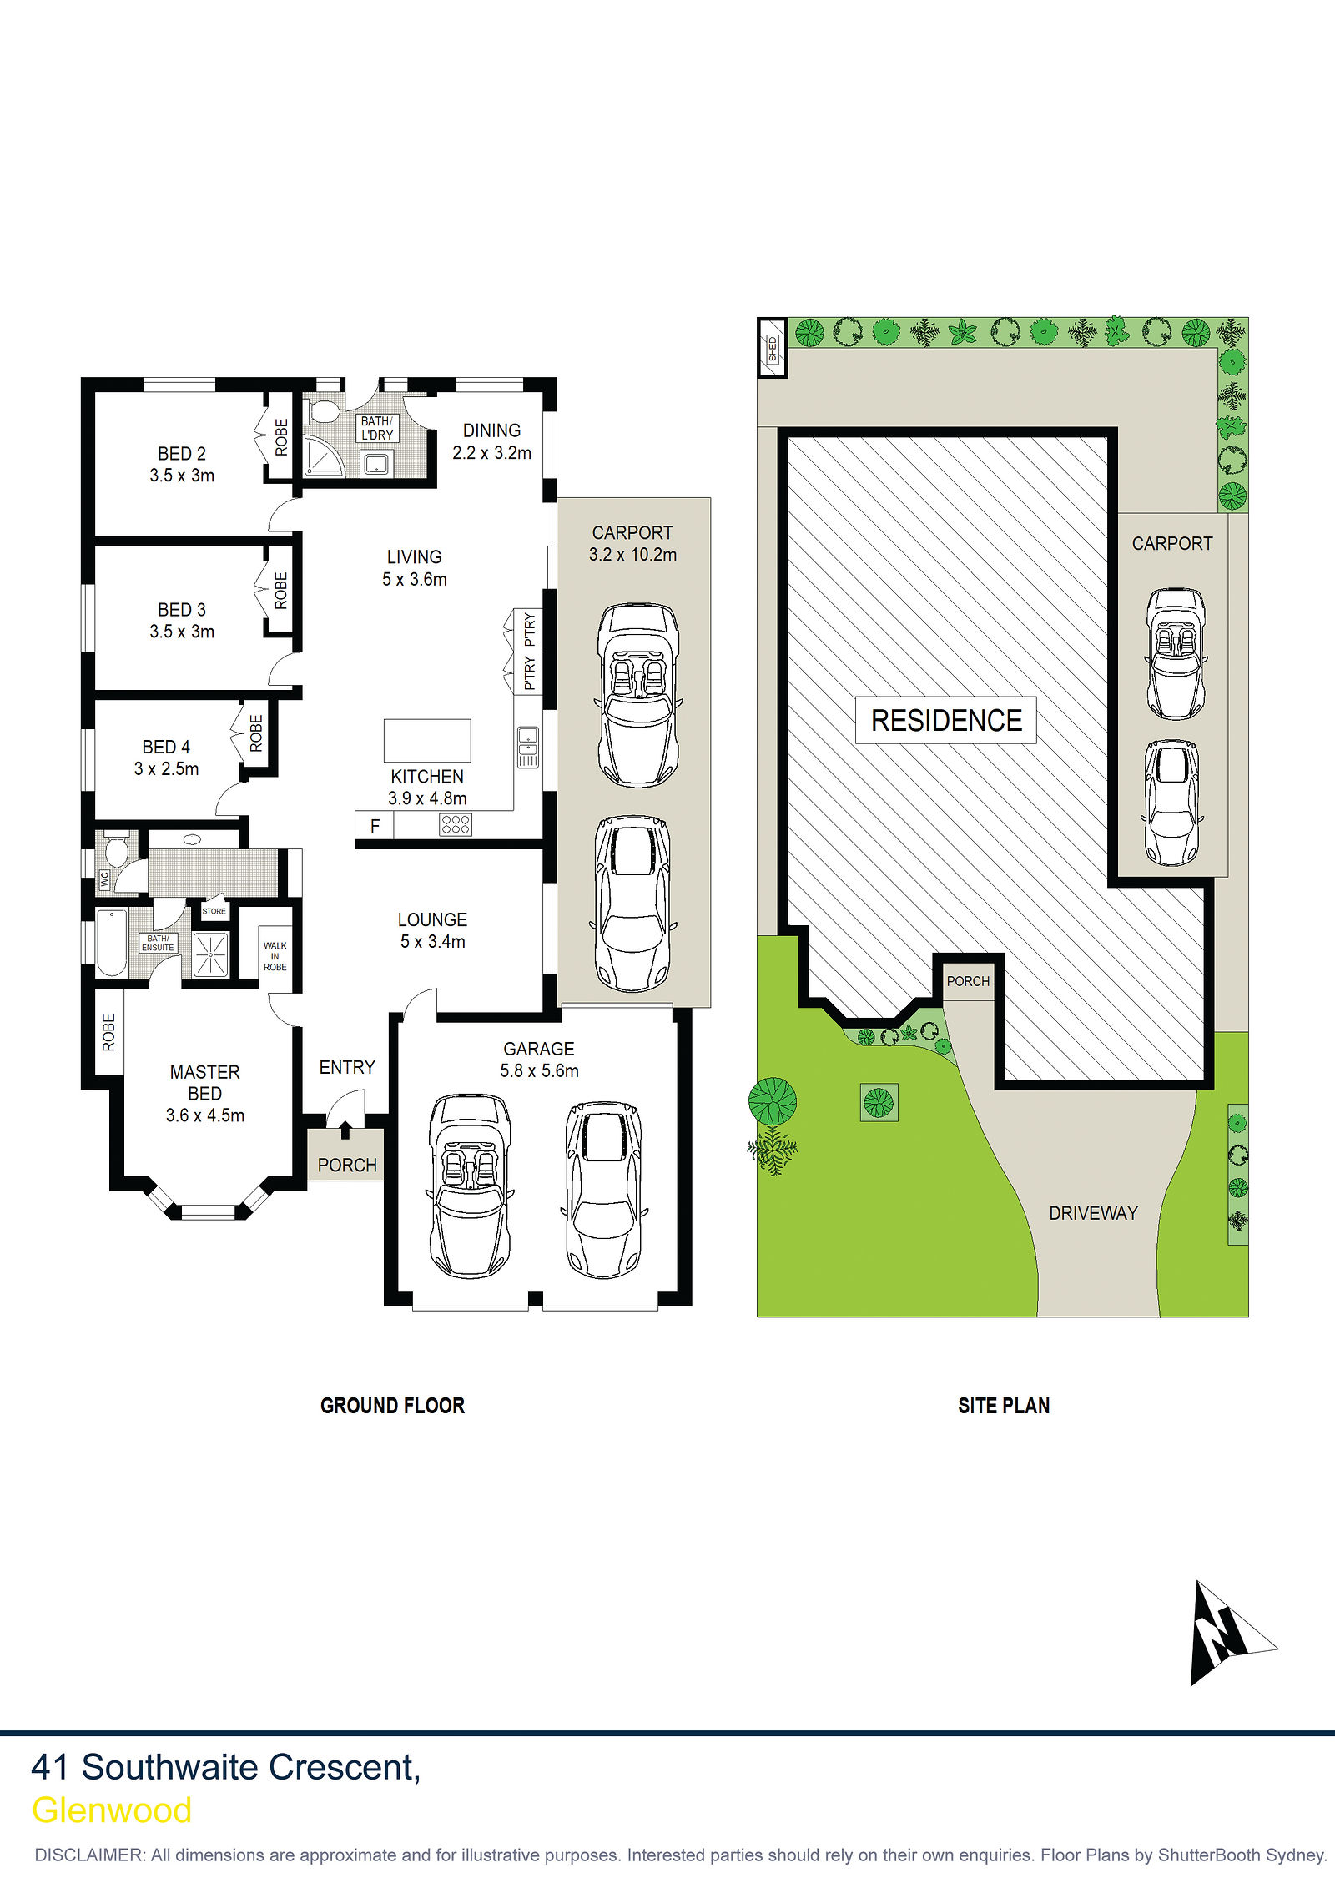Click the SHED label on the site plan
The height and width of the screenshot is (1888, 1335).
coord(773,348)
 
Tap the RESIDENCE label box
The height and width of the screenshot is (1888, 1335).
coord(946,720)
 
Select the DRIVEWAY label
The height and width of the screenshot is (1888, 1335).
coord(1093,1213)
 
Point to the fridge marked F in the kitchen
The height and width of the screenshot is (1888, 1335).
coord(375,826)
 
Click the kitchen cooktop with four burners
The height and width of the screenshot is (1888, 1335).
coord(456,824)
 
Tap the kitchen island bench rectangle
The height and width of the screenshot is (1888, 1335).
coord(427,741)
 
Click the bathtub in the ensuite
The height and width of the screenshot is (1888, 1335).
coord(111,943)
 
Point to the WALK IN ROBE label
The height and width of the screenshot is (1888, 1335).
coord(275,956)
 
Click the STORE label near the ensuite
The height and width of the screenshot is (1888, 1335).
coord(214,911)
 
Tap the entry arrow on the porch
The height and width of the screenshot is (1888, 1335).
coord(345,1130)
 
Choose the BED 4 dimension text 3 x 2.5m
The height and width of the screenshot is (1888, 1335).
coord(167,768)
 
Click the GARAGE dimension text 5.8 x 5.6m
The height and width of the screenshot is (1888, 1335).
coord(539,1070)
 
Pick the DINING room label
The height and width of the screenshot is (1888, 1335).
coord(491,430)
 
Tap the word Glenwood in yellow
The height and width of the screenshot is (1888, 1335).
coord(112,1811)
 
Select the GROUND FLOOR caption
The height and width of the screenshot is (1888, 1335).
coord(392,1406)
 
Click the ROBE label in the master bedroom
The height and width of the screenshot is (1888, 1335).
coord(108,1032)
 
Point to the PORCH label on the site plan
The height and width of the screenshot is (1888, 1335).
coord(968,981)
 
